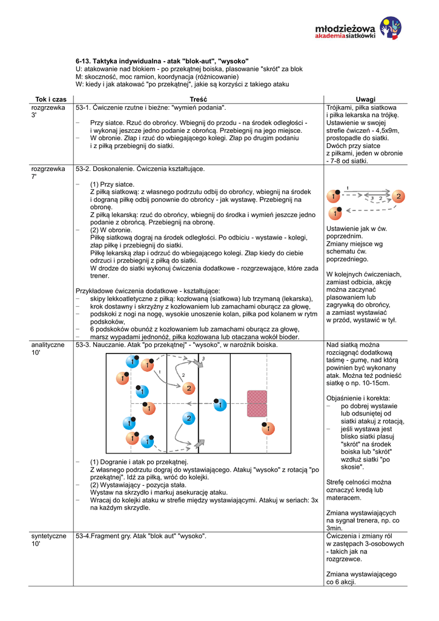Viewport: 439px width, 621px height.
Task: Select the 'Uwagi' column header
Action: click(x=365, y=99)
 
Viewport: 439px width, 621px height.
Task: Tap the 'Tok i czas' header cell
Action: click(x=51, y=99)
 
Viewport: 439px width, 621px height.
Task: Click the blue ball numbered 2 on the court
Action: click(x=188, y=418)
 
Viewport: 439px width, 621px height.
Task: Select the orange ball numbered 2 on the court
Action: click(x=188, y=388)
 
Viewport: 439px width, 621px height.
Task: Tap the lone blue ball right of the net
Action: click(x=220, y=404)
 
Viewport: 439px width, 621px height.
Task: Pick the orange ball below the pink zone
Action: click(x=267, y=429)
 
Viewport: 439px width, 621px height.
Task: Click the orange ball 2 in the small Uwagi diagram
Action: click(x=398, y=196)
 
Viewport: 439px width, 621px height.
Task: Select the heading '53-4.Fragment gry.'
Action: click(x=111, y=537)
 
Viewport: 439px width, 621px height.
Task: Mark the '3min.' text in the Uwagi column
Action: click(x=335, y=528)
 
